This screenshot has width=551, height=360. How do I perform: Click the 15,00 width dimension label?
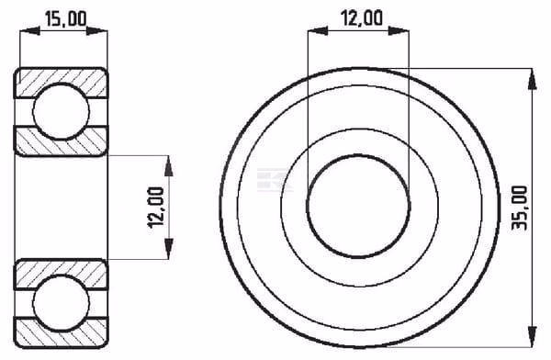pos(66,19)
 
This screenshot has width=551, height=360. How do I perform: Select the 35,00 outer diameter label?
pos(520,208)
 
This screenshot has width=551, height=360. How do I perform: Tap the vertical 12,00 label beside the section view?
pos(156,208)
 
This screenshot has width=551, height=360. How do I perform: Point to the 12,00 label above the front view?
pos(363,18)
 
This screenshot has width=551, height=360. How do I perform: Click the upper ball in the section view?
pos(62,111)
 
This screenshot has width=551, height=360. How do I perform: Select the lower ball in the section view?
pos(62,302)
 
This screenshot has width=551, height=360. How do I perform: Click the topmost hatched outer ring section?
pos(62,82)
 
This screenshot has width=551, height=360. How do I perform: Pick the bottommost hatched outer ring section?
pos(62,332)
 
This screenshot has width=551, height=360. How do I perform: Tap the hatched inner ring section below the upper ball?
pos(62,141)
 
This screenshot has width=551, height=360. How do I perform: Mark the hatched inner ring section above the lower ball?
pos(62,274)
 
